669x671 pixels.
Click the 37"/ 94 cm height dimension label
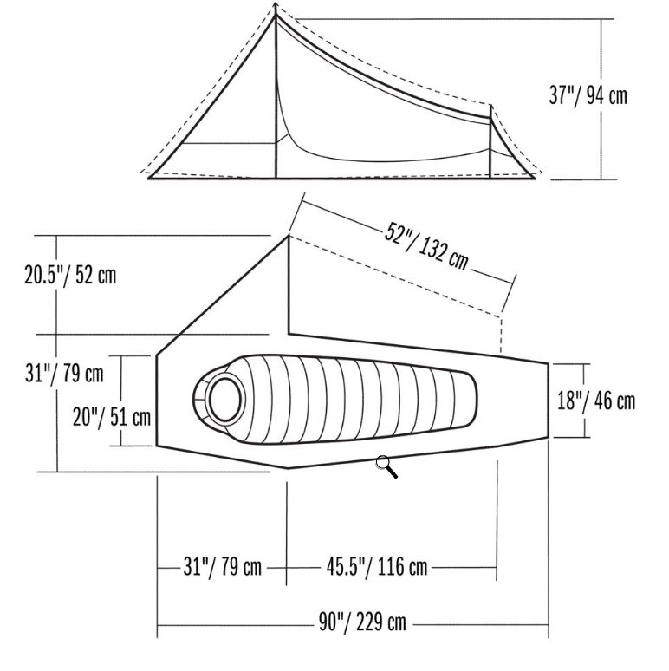pos(588,95)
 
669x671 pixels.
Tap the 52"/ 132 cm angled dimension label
pos(426,246)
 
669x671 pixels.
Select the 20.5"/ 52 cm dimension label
pos(70,275)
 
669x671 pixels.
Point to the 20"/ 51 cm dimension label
pos(112,416)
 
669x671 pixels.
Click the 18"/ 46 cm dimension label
pos(596,401)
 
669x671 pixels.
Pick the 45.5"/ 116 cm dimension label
pos(377,567)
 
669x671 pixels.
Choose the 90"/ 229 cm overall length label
pos(362,622)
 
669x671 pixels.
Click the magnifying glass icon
pos(386,467)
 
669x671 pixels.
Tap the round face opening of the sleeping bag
pos(224,400)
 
